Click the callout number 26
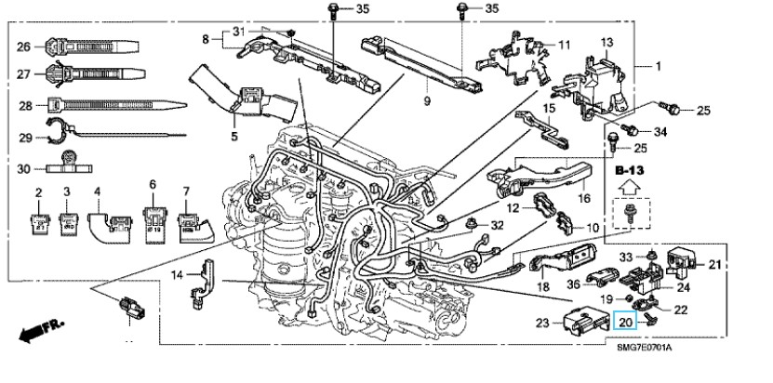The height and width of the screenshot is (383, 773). click(24, 45)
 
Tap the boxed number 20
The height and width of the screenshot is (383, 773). click(626, 321)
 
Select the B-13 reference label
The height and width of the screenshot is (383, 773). click(630, 171)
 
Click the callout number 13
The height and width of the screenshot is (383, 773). click(606, 43)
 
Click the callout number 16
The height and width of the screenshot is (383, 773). click(584, 198)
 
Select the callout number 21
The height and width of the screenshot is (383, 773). click(714, 266)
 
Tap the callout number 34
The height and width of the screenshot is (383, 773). click(660, 133)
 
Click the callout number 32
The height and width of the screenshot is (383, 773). click(497, 225)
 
